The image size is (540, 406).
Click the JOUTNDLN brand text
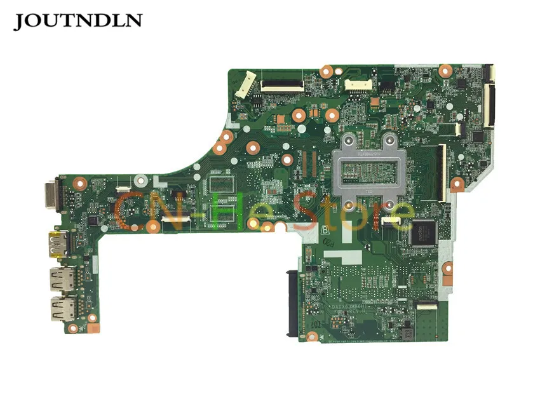click(x=78, y=20)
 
